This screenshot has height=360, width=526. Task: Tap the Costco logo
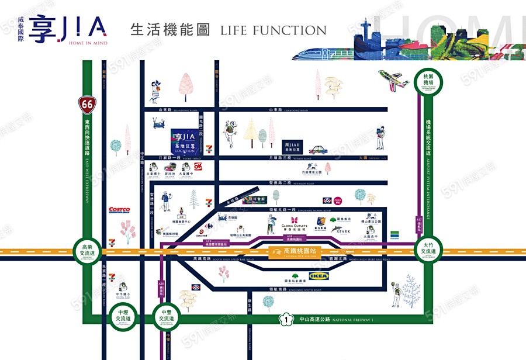pos(119,210)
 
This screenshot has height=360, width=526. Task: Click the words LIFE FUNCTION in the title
pos(273,30)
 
